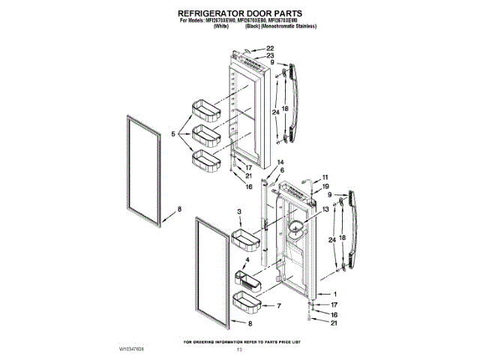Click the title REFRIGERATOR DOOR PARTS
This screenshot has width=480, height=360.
pyautogui.click(x=240, y=13)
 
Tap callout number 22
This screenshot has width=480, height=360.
pyautogui.click(x=270, y=48)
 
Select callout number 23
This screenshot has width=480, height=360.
pyautogui.click(x=270, y=55)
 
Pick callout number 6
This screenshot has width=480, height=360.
pyautogui.click(x=282, y=171)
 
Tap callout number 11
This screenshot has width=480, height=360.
pyautogui.click(x=325, y=178)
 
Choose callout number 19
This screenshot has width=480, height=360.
pyautogui.click(x=325, y=186)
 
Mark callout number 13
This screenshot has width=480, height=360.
pyautogui.click(x=325, y=209)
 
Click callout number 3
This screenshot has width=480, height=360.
pyautogui.click(x=239, y=213)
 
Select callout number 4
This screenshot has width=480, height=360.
pyautogui.click(x=236, y=259)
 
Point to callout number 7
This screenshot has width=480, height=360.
pyautogui.click(x=277, y=306)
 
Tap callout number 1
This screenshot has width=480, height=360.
pyautogui.click(x=334, y=294)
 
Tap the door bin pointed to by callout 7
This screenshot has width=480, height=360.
pyautogui.click(x=248, y=303)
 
